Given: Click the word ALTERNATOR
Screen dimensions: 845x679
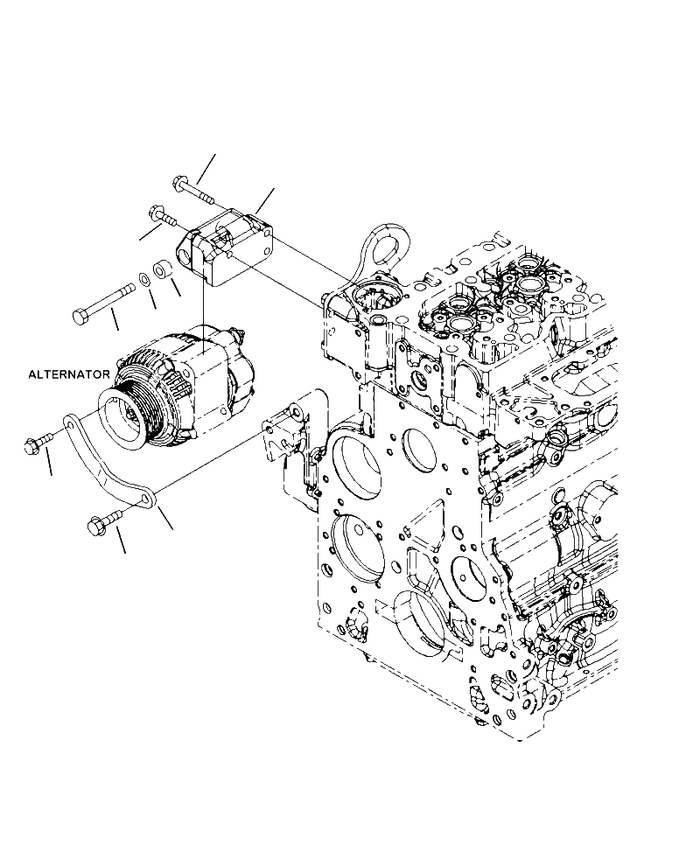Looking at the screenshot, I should [69, 374].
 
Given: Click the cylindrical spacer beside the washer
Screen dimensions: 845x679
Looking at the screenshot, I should [162, 269].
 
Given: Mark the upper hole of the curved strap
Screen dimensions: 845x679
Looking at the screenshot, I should [71, 427].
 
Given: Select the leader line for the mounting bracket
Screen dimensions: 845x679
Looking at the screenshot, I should [263, 202].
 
